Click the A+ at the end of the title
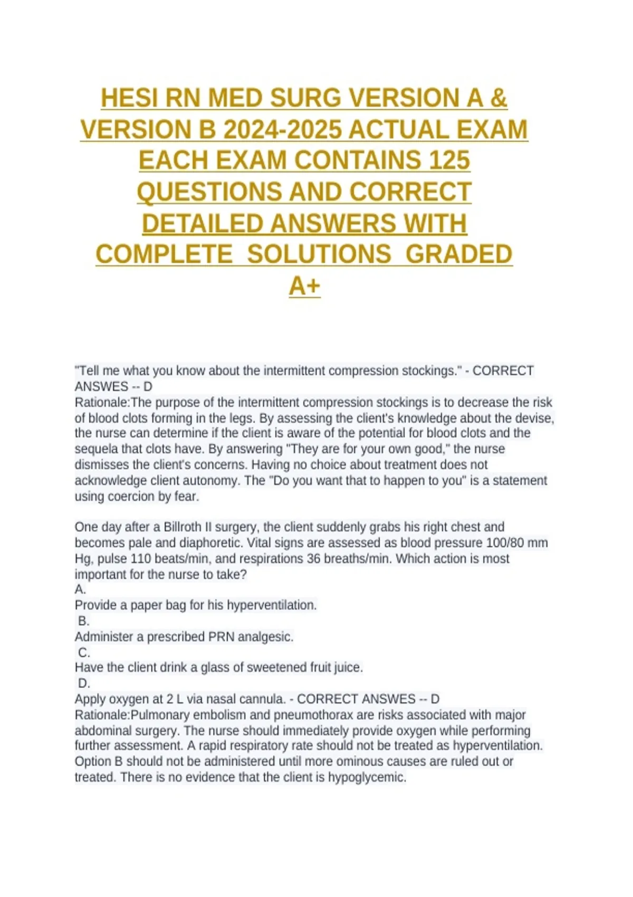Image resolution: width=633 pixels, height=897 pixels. (x=304, y=286)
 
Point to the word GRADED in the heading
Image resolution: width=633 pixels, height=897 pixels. (x=459, y=254)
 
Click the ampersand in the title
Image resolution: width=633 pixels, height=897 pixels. (x=498, y=99)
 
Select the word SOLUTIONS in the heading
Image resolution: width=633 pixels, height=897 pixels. (x=319, y=254)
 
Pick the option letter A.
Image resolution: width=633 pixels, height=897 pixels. (x=80, y=589)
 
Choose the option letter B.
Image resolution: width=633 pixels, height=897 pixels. (x=83, y=621)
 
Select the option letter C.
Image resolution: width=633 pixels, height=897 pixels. (x=84, y=652)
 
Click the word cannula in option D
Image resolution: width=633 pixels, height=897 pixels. (x=262, y=699)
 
